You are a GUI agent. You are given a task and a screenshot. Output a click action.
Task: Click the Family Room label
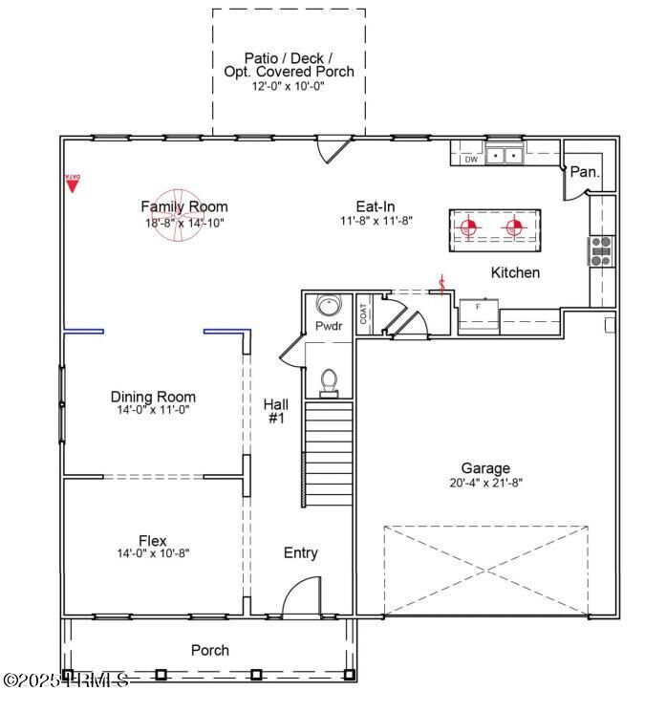click(184, 206)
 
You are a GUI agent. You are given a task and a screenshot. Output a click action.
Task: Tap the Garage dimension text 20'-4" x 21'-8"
click(485, 483)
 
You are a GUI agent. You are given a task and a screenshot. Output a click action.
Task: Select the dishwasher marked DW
click(470, 159)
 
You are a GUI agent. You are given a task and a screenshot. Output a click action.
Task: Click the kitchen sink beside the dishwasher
click(504, 154)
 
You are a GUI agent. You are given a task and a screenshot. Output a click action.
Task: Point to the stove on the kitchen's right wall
click(601, 250)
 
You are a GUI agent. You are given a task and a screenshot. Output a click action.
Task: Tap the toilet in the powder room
click(329, 380)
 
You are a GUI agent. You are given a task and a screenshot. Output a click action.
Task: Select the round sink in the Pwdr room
click(329, 307)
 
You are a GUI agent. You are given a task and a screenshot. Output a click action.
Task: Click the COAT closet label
click(364, 313)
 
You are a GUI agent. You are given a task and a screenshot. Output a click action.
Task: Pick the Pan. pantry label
click(584, 173)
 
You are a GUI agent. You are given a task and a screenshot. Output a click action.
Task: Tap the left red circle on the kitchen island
click(468, 227)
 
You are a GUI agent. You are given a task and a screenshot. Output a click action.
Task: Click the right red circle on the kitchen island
click(514, 227)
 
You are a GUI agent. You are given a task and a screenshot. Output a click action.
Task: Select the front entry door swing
click(302, 598)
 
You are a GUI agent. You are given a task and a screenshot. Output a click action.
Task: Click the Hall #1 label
click(275, 411)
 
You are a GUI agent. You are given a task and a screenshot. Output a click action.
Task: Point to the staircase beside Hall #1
click(329, 455)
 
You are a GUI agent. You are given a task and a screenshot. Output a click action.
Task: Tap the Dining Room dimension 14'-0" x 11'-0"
click(153, 410)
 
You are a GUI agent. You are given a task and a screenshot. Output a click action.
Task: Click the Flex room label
click(153, 541)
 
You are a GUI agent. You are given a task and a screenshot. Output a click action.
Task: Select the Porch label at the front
click(210, 651)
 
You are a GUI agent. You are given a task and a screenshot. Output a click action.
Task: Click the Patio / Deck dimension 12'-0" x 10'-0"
click(289, 86)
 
